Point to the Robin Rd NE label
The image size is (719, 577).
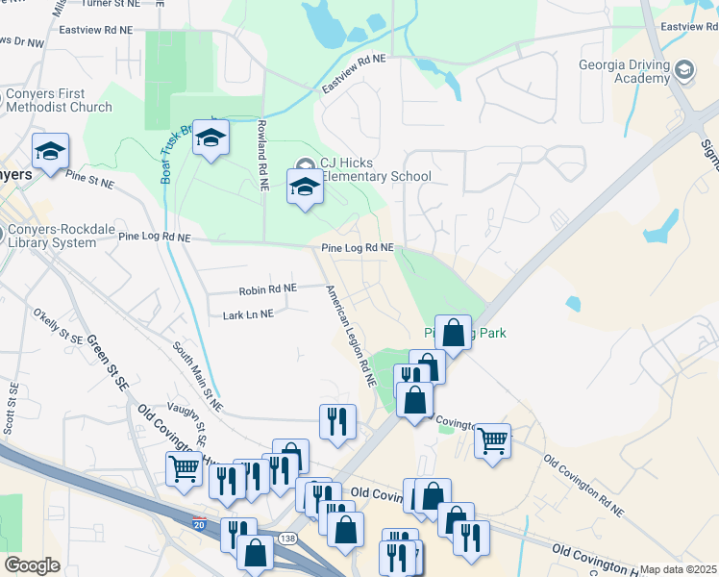pos(267,288)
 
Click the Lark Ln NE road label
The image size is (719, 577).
pos(248,314)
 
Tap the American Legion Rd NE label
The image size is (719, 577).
pos(349,337)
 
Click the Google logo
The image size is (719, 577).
pos(32,565)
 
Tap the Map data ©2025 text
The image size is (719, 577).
pos(677,569)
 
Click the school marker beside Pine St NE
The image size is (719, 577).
pos(50,150)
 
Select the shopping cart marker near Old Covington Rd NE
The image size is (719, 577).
pos(492,440)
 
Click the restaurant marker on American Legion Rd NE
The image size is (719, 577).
pos(337,421)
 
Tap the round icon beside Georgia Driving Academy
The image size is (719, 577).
pos(683,69)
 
